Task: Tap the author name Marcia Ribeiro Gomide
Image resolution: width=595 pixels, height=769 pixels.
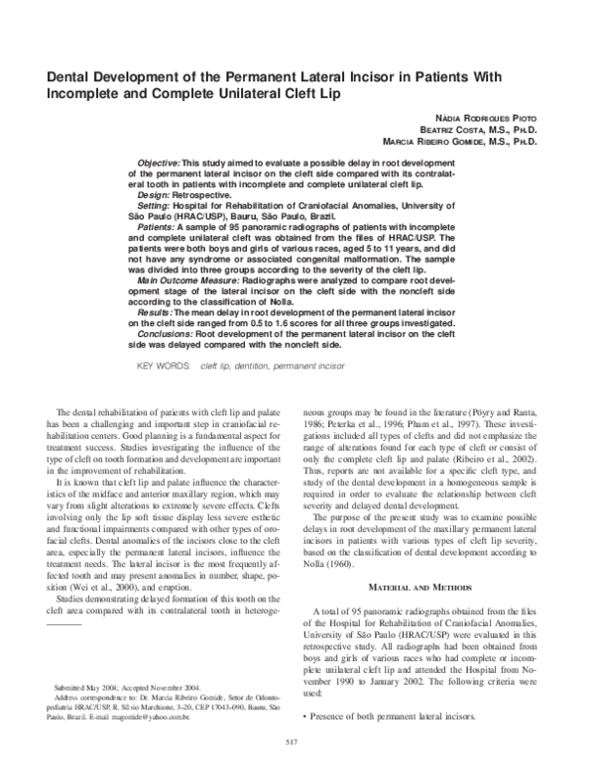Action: pyautogui.click(x=430, y=143)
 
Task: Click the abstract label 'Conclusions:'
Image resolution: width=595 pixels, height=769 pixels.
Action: pyautogui.click(x=165, y=334)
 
